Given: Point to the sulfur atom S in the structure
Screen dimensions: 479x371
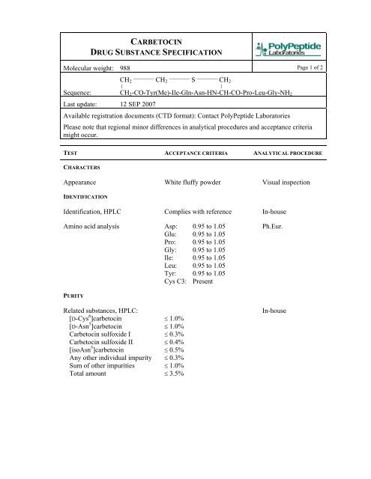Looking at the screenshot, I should click(193, 79).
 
